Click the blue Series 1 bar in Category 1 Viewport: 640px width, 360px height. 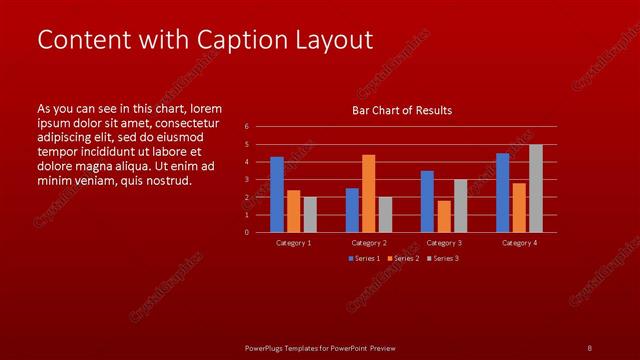(277, 195)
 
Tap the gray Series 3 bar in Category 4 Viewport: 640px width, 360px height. (536, 189)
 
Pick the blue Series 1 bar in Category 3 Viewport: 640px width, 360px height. (427, 202)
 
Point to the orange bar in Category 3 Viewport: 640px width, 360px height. (444, 217)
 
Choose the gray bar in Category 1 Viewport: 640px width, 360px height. (310, 215)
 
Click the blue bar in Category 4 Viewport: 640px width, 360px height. (502, 193)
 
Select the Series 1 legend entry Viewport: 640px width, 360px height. (363, 259)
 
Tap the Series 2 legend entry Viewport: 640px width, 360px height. (402, 259)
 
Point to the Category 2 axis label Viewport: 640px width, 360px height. (368, 243)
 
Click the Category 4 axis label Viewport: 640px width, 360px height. (519, 243)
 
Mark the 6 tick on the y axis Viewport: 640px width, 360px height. (246, 127)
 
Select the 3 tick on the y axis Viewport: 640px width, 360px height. (246, 180)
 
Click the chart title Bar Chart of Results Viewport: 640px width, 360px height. (402, 110)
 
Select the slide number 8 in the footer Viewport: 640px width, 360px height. (589, 348)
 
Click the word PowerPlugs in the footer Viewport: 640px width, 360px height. (267, 348)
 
